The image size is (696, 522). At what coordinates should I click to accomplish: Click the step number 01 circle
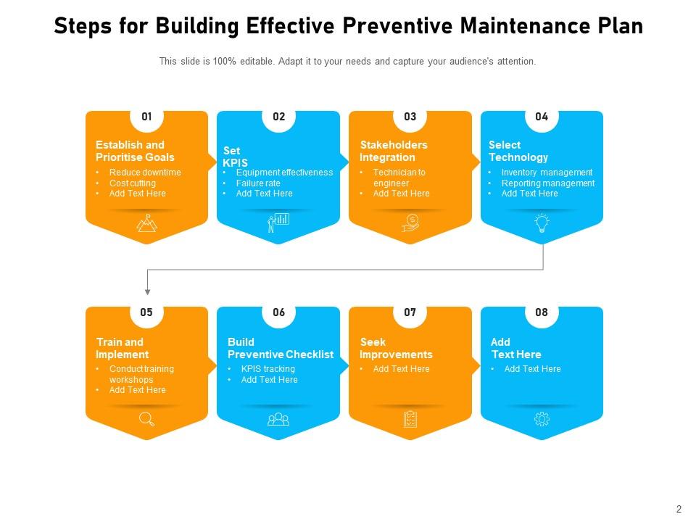147,117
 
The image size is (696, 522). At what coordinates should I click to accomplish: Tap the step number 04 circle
542,117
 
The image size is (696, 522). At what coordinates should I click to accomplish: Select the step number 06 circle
278,312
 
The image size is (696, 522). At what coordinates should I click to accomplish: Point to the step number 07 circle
410,312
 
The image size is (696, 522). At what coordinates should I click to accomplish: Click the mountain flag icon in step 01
147,223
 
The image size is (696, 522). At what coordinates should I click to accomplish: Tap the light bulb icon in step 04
542,223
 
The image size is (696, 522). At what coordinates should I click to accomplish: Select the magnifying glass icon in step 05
147,419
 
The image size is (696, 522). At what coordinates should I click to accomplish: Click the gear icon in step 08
542,419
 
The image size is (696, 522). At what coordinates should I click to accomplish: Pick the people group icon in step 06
278,419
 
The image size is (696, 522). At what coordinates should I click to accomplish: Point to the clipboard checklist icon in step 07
410,419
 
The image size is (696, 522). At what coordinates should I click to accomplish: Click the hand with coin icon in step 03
410,223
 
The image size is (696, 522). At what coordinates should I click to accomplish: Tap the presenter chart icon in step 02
278,223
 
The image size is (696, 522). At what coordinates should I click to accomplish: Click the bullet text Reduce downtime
145,173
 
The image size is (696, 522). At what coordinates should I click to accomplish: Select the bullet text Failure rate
258,183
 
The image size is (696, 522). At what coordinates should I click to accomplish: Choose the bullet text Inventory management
547,173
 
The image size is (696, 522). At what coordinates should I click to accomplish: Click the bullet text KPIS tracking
268,369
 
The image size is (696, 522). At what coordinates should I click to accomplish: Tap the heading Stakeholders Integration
393,151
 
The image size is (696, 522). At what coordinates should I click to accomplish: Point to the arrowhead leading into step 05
147,292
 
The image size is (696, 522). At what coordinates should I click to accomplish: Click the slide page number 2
679,509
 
